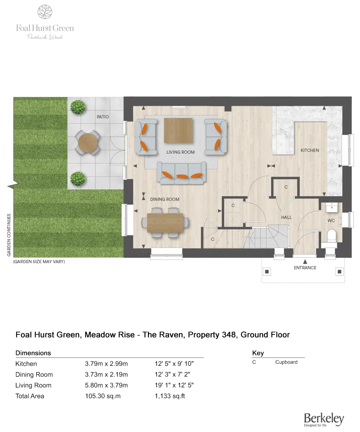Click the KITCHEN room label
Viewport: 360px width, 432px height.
point(310,150)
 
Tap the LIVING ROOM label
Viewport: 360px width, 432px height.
point(180,152)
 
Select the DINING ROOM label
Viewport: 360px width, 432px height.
point(165,199)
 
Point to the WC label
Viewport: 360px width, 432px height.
point(331,220)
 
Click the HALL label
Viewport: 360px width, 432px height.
point(287,217)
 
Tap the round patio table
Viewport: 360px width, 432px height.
point(87,143)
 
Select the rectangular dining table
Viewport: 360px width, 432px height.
point(165,223)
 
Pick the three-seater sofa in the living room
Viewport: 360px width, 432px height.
point(181,173)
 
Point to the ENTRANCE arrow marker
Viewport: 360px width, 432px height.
point(305,261)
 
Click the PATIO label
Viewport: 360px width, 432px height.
point(103,117)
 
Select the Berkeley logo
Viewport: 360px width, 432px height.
point(324,419)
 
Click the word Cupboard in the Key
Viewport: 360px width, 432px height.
point(286,362)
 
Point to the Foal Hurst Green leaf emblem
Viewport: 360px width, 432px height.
point(45,12)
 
